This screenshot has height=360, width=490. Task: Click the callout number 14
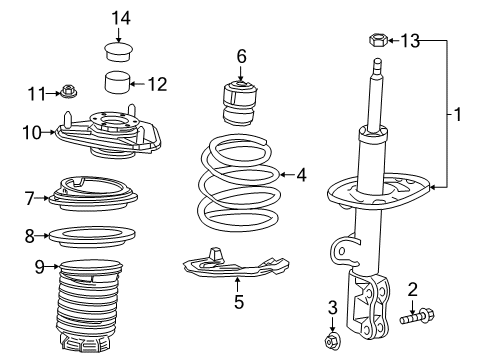[x=120, y=17]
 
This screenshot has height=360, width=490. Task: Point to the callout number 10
[x=30, y=131]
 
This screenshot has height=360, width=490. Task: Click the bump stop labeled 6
[x=240, y=98]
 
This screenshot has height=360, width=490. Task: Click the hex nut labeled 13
[x=379, y=41]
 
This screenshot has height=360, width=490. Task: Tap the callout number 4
[x=301, y=174]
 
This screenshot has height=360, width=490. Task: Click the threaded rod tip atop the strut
[x=378, y=68]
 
